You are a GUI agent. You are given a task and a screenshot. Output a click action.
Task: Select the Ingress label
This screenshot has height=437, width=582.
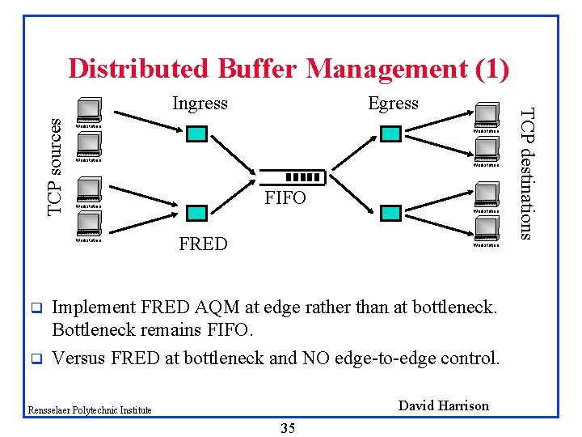tap(200, 104)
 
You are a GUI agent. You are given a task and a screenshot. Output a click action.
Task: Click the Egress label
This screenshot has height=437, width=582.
tap(393, 104)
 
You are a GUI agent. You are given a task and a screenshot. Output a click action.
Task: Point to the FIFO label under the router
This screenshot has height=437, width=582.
tap(286, 197)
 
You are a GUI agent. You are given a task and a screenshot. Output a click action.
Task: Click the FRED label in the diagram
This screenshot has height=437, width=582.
tap(203, 244)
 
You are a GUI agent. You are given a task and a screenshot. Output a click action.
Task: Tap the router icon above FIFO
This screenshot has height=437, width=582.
tap(302, 178)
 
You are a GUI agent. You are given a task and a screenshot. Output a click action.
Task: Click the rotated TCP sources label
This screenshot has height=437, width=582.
tap(54, 166)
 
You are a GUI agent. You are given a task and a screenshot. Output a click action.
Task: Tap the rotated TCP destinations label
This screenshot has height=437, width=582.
tap(526, 173)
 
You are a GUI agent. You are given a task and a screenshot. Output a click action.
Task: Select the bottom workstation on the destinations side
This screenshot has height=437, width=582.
tap(486, 229)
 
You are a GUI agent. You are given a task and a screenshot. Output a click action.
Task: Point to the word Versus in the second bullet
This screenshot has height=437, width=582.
tap(78, 358)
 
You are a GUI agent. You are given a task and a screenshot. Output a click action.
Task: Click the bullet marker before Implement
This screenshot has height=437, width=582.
tap(35, 308)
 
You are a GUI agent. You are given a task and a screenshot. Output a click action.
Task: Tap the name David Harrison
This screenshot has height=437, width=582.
tap(444, 405)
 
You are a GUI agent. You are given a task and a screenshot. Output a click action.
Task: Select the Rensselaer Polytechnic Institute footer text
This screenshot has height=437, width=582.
tap(89, 410)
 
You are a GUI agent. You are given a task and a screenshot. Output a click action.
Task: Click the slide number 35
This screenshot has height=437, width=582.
tap(287, 428)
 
